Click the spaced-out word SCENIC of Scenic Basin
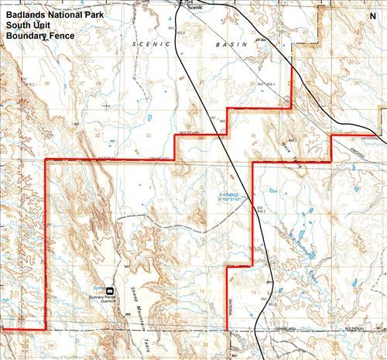[x=150, y=47]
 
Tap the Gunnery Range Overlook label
[x=107, y=294]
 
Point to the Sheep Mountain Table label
[x=143, y=307]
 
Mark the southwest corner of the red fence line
[x=45, y=329]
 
